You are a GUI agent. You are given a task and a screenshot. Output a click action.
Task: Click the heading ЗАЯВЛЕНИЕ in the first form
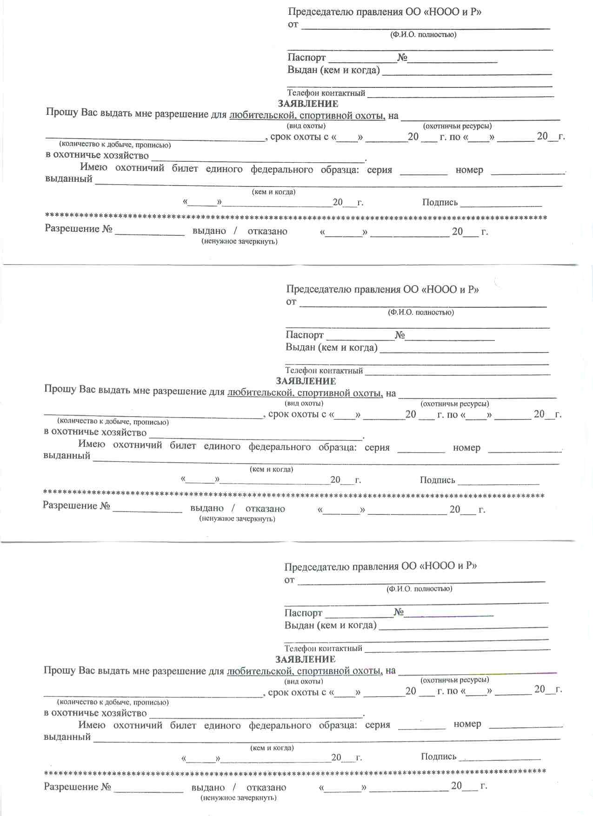(308, 104)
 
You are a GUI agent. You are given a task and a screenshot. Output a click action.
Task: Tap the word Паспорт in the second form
(305, 335)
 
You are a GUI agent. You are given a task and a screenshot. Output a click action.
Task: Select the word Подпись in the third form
(438, 756)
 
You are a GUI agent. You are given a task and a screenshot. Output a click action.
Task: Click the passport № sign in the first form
(402, 58)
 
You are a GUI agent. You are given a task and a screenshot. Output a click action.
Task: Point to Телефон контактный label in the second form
(324, 371)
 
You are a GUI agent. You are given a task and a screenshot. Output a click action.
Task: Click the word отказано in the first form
(267, 231)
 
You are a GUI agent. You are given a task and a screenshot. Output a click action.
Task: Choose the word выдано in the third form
(208, 788)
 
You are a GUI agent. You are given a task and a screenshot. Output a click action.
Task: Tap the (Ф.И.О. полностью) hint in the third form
(419, 589)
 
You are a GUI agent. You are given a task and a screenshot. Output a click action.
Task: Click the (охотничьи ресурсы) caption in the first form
(457, 126)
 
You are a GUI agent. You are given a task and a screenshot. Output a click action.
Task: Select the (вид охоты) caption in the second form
(304, 403)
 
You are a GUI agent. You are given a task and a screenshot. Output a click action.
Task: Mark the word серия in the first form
(380, 170)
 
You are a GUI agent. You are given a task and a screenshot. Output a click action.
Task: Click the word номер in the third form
(467, 724)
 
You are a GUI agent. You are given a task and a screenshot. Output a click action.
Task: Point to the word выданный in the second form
(67, 456)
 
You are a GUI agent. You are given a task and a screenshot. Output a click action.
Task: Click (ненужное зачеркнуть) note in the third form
(239, 798)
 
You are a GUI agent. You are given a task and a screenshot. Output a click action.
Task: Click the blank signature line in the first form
(501, 205)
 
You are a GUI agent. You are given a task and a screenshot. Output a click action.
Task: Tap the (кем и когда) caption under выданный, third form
(272, 748)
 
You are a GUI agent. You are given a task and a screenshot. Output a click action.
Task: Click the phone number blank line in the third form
(457, 649)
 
